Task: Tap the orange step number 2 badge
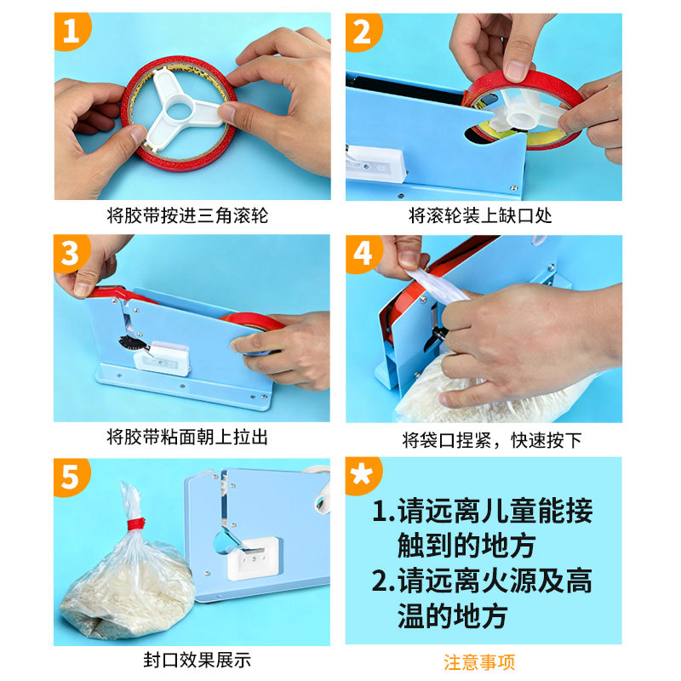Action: pos(363,31)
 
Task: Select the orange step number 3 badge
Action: pos(71,253)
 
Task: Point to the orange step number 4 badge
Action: pos(363,254)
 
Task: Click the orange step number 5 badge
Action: pos(71,477)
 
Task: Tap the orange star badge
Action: pos(363,476)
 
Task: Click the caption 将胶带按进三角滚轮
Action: pos(187,215)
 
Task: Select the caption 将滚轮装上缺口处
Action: pos(480,215)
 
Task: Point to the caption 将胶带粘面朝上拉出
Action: pos(187,437)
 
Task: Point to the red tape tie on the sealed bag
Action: pos(136,524)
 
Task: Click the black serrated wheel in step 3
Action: pos(130,344)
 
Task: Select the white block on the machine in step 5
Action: pos(254,558)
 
